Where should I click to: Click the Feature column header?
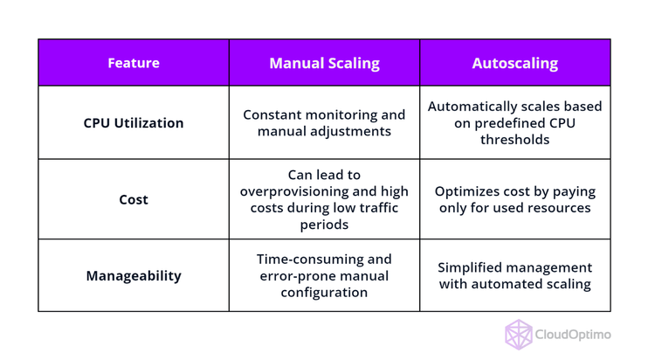click(x=133, y=63)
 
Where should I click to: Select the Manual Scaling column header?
click(x=324, y=63)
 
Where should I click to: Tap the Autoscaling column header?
click(x=514, y=63)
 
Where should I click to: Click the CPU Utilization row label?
click(x=133, y=122)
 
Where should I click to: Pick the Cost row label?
click(x=133, y=199)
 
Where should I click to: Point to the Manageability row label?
click(x=133, y=275)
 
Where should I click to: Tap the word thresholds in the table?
click(x=514, y=139)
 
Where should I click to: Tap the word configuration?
click(x=324, y=293)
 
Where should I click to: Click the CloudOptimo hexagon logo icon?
click(x=519, y=335)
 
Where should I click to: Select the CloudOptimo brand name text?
click(x=574, y=335)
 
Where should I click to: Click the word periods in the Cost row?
click(x=324, y=225)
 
